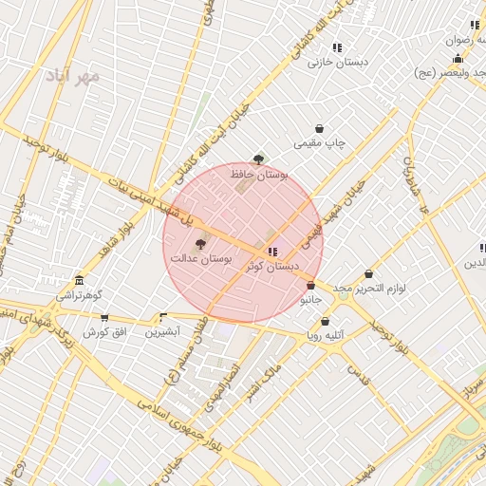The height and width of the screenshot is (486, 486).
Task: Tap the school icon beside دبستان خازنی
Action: tap(337, 47)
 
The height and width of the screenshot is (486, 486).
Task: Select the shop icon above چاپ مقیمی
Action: tap(319, 129)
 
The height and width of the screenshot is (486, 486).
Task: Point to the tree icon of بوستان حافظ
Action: tap(258, 159)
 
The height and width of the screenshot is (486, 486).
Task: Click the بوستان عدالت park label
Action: tap(201, 258)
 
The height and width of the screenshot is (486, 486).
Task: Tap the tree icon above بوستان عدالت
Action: tap(198, 244)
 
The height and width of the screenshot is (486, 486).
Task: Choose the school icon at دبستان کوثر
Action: tap(273, 252)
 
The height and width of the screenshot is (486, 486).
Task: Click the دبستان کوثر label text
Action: tap(272, 267)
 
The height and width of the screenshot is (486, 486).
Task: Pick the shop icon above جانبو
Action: tap(310, 285)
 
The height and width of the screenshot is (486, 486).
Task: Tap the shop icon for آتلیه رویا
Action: tap(326, 322)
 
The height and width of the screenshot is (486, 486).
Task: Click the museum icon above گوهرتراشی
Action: tap(79, 282)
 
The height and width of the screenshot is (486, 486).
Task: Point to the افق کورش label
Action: tap(103, 332)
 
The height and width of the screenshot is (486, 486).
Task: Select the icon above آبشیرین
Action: tap(163, 318)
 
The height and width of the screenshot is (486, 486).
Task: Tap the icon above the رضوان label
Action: tap(475, 26)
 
